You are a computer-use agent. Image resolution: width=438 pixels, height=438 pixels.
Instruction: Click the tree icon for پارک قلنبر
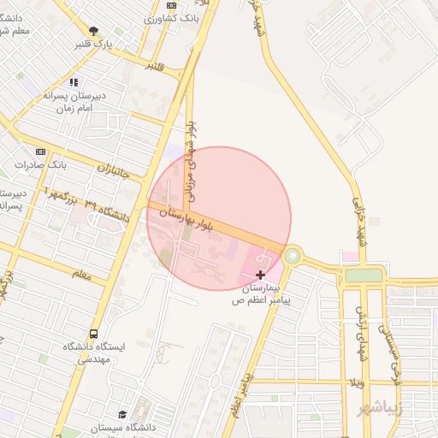(x=95, y=31)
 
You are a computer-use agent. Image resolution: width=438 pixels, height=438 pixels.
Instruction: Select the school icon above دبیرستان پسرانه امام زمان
(x=74, y=83)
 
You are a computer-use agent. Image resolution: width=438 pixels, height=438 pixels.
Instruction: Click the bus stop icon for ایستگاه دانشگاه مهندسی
(x=92, y=334)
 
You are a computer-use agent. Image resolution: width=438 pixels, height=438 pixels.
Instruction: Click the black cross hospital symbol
(x=260, y=275)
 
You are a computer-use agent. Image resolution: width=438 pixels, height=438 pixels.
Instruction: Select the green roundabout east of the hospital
(x=293, y=255)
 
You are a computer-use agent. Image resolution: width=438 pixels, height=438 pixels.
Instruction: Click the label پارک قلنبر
(x=115, y=43)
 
